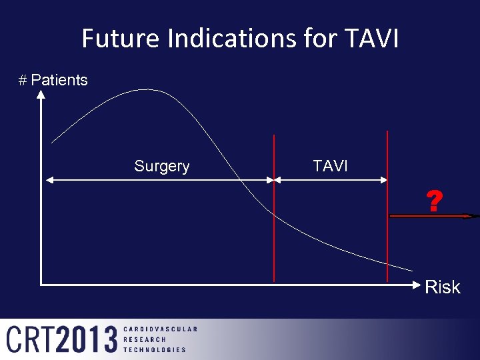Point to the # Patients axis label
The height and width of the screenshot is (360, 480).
(53, 81)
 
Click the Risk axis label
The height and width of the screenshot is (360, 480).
(443, 287)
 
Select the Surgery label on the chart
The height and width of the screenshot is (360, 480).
(162, 167)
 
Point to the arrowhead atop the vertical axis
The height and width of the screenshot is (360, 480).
(41, 95)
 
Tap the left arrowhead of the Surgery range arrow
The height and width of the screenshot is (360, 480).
(47, 179)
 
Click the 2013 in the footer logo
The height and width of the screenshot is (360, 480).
(87, 339)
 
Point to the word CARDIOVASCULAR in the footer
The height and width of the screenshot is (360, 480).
(161, 329)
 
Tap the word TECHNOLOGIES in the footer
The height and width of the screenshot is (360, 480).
(155, 349)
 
